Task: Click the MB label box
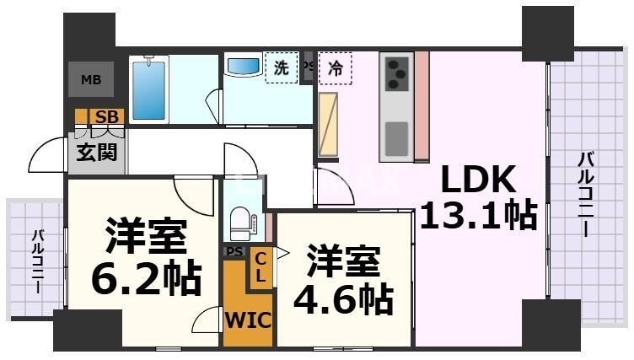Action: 90,80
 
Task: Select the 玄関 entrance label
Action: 96,153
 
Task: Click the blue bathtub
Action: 149,88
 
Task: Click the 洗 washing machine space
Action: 282,68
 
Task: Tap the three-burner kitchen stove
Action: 395,73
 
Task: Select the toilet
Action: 241,221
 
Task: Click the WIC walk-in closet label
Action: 246,320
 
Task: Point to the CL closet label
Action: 261,267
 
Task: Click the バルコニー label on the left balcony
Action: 38,261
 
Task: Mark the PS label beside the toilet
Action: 234,251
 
